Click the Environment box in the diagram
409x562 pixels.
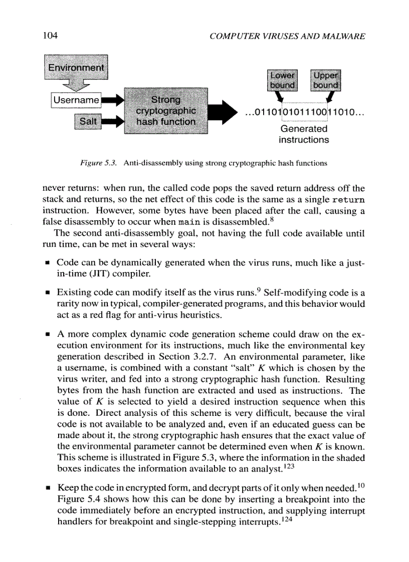click(x=76, y=68)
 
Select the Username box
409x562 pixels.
click(x=76, y=101)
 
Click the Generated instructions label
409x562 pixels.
click(x=304, y=134)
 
